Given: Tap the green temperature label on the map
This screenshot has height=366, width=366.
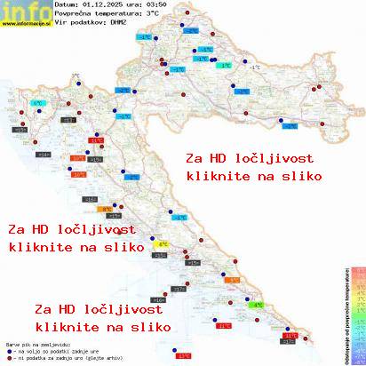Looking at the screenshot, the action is pos(257,305).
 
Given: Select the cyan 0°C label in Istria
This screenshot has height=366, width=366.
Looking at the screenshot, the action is pos(38,105).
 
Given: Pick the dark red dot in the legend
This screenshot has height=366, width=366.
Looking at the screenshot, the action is pos(8,359).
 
